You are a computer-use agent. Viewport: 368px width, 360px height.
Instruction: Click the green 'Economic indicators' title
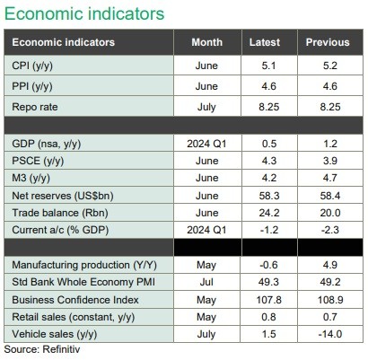point(84,13)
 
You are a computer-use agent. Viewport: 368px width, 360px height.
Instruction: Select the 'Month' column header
point(207,42)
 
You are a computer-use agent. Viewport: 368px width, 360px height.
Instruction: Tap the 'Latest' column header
point(265,42)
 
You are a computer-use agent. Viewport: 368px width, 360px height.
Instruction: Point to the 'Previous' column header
point(328,42)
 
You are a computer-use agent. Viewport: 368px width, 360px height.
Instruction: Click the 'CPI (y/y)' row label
point(32,66)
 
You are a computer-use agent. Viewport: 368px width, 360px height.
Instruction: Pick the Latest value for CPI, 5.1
point(268,66)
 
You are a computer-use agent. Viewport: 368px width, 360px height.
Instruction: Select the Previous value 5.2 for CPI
point(330,66)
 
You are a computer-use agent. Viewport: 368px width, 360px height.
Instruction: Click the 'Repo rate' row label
point(35,107)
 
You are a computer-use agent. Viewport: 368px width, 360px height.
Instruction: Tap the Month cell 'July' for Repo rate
point(206,107)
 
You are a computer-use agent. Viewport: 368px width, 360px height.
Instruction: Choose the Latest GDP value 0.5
point(269,144)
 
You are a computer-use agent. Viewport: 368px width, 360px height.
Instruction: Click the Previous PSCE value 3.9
point(330,161)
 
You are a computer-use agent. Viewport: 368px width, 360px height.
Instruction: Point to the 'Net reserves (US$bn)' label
point(63,196)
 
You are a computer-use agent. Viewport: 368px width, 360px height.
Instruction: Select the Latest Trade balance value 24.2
point(269,213)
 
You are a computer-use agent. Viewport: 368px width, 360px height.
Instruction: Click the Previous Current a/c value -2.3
point(329,230)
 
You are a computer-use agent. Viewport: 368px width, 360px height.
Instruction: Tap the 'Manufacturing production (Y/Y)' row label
point(84,265)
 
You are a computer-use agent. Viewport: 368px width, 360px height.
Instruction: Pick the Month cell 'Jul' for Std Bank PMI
point(206,282)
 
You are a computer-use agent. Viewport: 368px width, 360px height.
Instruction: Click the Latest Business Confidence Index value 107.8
point(269,300)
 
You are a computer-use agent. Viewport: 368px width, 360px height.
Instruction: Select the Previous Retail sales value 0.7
point(330,317)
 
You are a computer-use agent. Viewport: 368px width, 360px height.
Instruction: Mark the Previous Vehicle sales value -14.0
point(329,334)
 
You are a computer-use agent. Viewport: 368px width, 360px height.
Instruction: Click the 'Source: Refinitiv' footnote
point(42,349)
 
